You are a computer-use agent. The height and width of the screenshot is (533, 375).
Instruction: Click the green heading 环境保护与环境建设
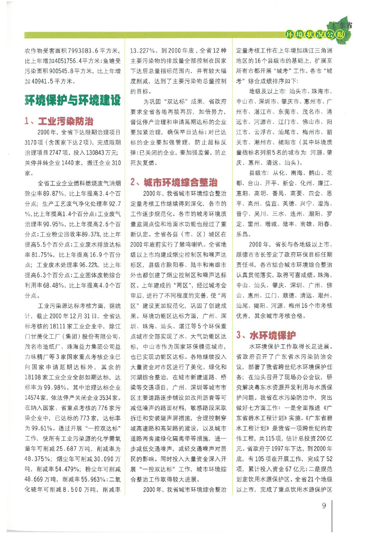[73, 100]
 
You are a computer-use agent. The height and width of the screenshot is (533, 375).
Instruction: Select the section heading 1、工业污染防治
[59, 121]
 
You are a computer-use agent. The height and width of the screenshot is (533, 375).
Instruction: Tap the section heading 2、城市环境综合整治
[174, 182]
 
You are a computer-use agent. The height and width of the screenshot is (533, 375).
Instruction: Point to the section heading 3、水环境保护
[266, 335]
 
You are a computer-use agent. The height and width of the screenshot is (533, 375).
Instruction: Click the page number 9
[324, 506]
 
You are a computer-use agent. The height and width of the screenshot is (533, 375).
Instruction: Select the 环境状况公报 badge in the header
[315, 34]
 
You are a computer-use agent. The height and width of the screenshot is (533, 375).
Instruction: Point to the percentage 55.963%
[93, 479]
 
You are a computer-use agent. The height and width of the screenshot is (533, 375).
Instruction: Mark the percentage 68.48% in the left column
[54, 285]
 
